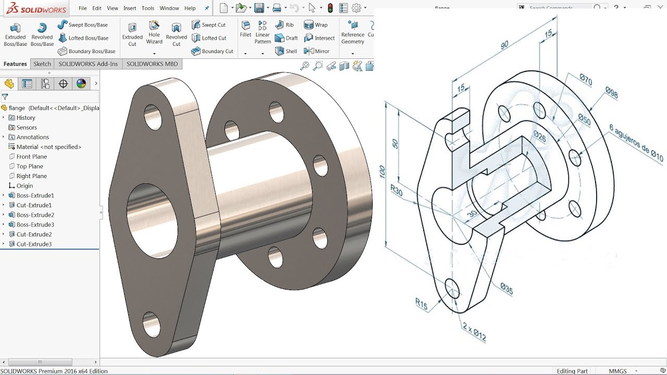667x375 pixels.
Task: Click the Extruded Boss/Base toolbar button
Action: (x=15, y=34)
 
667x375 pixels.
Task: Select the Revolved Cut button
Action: (x=176, y=34)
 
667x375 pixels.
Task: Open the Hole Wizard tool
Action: (x=154, y=32)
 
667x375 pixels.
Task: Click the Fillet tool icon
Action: (x=245, y=29)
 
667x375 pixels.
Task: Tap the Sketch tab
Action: (x=42, y=64)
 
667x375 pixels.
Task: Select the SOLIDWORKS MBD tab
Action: (x=152, y=64)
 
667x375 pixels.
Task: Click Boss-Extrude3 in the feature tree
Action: (x=35, y=224)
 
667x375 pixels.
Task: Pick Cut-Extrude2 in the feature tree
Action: (x=34, y=234)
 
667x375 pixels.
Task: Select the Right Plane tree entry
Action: (x=31, y=176)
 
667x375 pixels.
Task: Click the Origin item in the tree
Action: (x=24, y=186)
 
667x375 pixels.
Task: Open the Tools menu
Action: (x=148, y=8)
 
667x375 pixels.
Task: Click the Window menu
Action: (x=169, y=8)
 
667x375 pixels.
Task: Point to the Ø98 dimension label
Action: (x=611, y=93)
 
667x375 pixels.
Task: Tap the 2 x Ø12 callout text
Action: (x=474, y=332)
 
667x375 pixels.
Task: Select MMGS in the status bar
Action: (x=618, y=371)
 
